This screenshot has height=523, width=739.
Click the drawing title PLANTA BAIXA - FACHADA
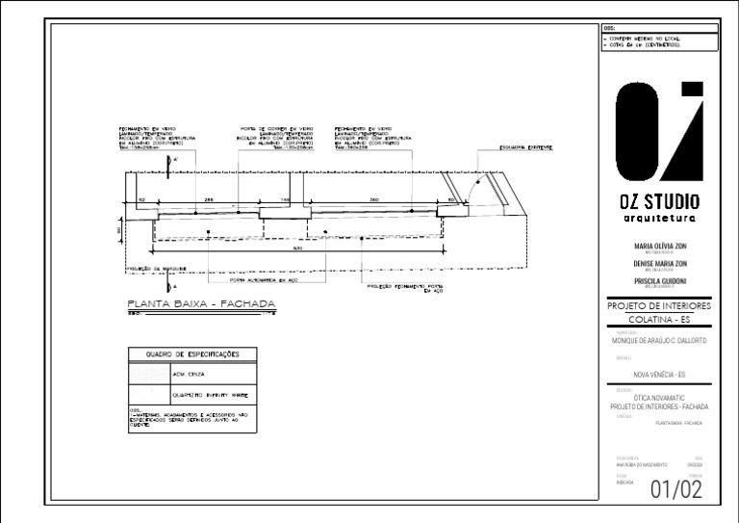202,304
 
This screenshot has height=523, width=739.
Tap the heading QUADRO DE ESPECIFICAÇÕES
192,354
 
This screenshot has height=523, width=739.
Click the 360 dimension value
372,198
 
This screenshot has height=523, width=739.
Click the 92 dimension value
141,198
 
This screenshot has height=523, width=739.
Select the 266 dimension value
208,198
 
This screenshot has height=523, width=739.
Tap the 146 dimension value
285,198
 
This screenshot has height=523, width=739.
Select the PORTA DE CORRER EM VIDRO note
276,138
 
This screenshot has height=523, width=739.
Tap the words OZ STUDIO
660,202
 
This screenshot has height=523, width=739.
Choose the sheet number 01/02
675,489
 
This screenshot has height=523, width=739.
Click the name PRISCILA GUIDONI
660,280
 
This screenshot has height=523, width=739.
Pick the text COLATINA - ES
660,319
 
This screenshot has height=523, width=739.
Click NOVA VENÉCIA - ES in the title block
660,374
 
